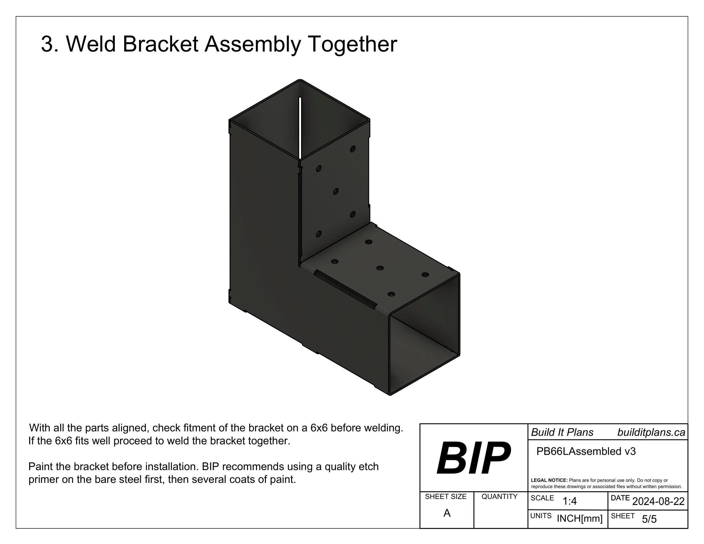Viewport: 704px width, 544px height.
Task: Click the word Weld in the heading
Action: (91, 44)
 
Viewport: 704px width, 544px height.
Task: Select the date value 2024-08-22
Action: (658, 501)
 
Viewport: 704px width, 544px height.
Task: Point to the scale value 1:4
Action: (570, 501)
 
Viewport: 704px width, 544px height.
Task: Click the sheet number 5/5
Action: (649, 519)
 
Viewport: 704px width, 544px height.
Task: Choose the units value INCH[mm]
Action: (580, 518)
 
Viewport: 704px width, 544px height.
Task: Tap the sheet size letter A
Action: (447, 513)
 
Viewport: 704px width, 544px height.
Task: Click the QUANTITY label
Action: (499, 497)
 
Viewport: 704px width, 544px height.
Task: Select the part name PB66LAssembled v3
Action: (586, 452)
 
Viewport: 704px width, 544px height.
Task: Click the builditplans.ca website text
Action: (651, 433)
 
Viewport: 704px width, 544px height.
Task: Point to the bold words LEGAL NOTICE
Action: (549, 480)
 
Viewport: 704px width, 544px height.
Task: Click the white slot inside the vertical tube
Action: (300, 128)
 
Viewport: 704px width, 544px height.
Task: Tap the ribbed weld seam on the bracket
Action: (346, 289)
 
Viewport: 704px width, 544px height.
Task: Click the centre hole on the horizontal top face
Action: (380, 268)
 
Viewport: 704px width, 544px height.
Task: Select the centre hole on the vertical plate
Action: (336, 192)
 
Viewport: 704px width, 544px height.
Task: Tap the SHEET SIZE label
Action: (445, 497)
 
